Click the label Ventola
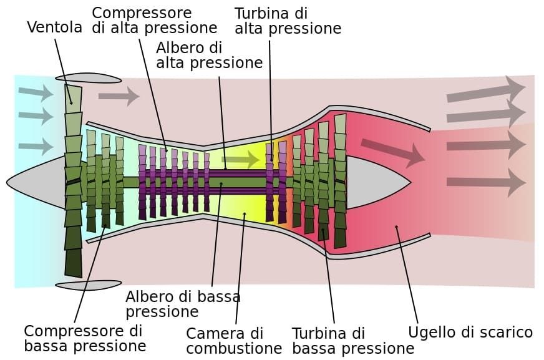click(x=55, y=27)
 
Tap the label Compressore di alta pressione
click(x=154, y=20)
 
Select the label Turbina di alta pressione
click(x=288, y=21)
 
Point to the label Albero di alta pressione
click(x=209, y=55)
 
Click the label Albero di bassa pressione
click(x=183, y=303)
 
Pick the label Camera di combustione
click(x=234, y=340)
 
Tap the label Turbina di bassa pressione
click(x=353, y=340)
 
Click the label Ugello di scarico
click(x=470, y=332)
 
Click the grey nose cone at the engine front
click(x=37, y=182)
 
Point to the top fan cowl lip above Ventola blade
click(x=88, y=78)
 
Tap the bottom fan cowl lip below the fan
click(x=88, y=285)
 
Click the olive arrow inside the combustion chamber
click(x=240, y=160)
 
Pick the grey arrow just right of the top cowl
click(x=119, y=96)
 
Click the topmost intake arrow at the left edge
click(x=36, y=94)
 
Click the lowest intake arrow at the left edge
click(x=36, y=147)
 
